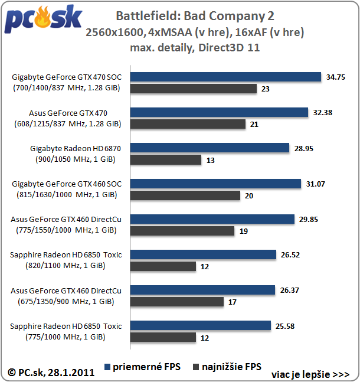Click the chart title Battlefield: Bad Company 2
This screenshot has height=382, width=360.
click(x=195, y=15)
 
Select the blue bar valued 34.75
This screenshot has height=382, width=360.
click(x=225, y=77)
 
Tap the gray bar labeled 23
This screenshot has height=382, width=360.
click(x=194, y=89)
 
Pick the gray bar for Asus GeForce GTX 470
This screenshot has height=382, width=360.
click(x=188, y=124)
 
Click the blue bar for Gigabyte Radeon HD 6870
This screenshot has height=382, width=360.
click(x=210, y=148)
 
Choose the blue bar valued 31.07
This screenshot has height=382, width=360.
click(x=215, y=184)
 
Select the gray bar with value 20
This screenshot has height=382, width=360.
click(x=185, y=195)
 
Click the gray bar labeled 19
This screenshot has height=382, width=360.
click(x=182, y=231)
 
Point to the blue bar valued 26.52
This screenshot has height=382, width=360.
click(x=203, y=254)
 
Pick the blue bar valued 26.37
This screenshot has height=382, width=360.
click(x=202, y=290)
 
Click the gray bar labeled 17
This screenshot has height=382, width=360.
click(x=177, y=302)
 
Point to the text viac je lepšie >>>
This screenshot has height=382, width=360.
click(x=310, y=374)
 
